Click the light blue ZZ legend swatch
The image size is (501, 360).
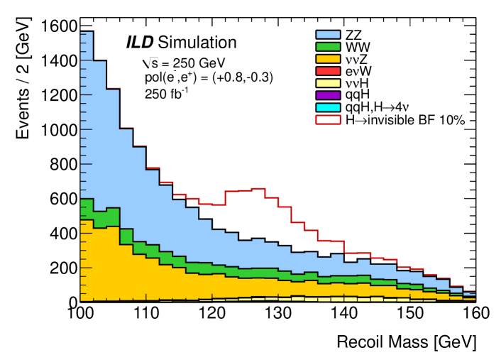pos(329,33)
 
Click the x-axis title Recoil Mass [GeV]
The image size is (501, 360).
pos(402,342)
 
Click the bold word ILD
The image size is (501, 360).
pos(140,42)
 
